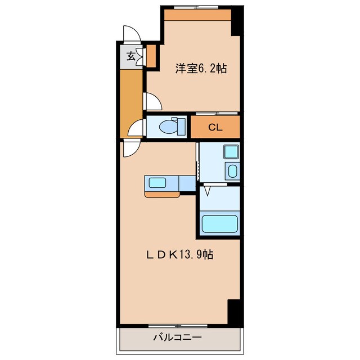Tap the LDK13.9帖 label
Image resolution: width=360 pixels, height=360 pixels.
click(x=179, y=254)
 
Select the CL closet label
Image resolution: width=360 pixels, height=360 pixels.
click(x=215, y=127)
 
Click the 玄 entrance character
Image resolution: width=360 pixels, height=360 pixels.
click(x=130, y=55)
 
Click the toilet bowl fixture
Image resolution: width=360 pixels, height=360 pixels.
click(x=166, y=127)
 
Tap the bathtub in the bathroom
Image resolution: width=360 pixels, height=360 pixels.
click(x=220, y=224)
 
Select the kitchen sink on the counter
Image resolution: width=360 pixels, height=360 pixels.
click(x=155, y=183)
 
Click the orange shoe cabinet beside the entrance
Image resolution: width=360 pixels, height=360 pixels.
click(x=151, y=55)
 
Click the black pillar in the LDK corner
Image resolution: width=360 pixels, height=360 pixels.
click(x=234, y=311)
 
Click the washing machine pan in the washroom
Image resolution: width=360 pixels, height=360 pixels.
click(x=232, y=171)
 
